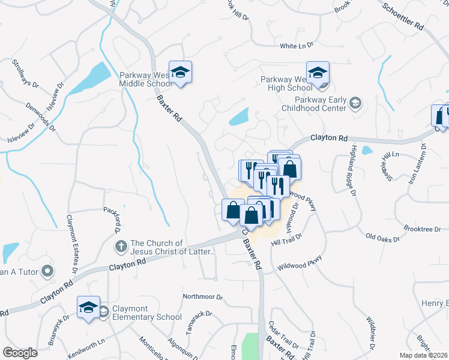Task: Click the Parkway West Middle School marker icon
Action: pyautogui.click(x=180, y=73)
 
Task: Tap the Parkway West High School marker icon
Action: pyautogui.click(x=318, y=74)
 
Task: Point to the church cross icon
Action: pyautogui.click(x=121, y=247)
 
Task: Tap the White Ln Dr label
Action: pyautogui.click(x=297, y=46)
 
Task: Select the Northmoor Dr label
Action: pyautogui.click(x=203, y=296)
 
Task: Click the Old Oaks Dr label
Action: pyautogui.click(x=382, y=238)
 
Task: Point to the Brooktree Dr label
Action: pyautogui.click(x=422, y=229)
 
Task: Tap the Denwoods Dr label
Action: pyautogui.click(x=41, y=117)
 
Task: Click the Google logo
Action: pyautogui.click(x=20, y=353)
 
